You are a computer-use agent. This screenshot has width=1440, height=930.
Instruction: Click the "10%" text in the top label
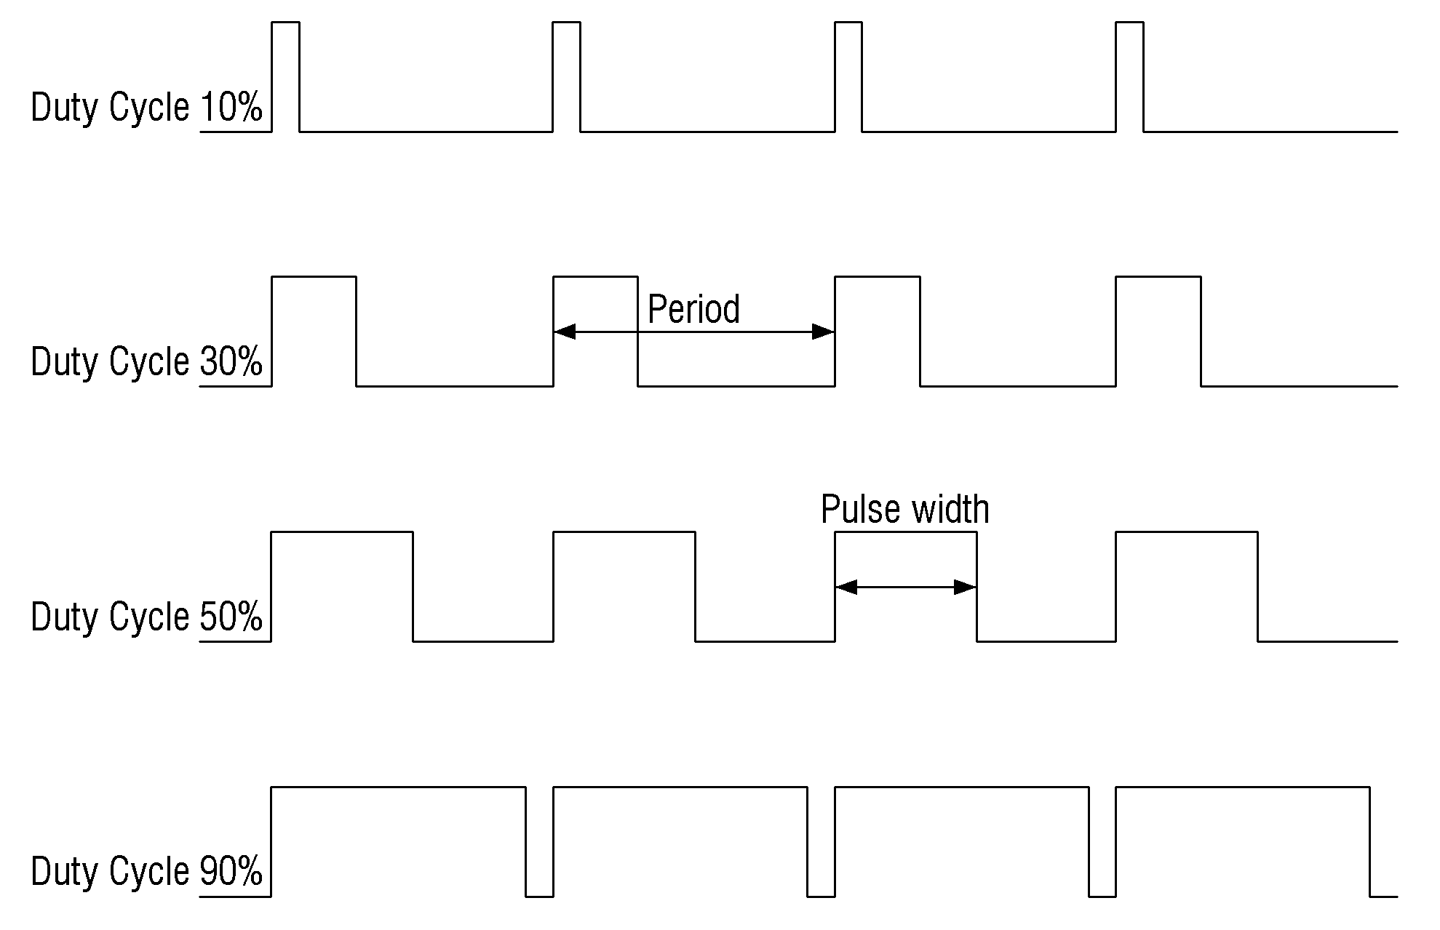coord(231,108)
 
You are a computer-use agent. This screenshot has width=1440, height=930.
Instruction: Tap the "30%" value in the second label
coord(231,361)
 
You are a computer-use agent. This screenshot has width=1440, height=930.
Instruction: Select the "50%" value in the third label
coord(231,617)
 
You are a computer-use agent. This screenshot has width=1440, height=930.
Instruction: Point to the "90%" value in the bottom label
coord(231,871)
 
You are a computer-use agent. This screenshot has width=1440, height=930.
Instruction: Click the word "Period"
coord(693,309)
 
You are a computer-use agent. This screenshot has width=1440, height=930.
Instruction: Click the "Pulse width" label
coord(905,509)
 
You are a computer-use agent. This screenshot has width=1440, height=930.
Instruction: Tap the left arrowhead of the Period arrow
coord(565,332)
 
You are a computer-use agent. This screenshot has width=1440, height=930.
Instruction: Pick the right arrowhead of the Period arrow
coord(824,332)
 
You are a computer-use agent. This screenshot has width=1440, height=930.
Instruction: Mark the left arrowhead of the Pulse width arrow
coord(846,587)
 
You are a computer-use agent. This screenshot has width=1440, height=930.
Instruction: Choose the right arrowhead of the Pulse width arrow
coord(965,587)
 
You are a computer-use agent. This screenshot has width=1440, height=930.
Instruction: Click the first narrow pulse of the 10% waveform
coord(285,23)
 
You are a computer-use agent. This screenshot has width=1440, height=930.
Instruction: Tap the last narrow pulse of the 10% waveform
coord(1129,23)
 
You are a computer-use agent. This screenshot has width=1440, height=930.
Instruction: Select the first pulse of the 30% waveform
coord(314,277)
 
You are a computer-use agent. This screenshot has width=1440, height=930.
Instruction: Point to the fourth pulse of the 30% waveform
coord(1158,277)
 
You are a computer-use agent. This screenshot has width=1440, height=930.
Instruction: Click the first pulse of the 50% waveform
coord(342,532)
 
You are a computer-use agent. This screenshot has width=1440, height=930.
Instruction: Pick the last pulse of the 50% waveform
coord(1187,532)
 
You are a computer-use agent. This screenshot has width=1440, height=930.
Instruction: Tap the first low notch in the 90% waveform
coord(539,896)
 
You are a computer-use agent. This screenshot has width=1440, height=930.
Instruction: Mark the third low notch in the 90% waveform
coord(1102,896)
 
